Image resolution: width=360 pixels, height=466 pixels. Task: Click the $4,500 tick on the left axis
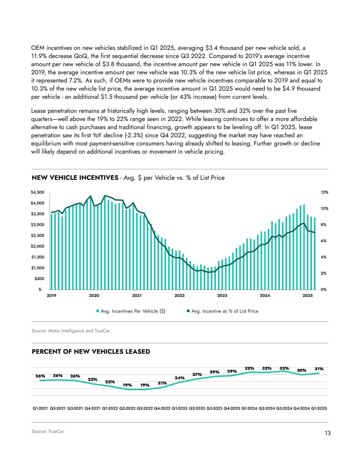38,193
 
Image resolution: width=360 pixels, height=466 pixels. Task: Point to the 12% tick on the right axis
324,193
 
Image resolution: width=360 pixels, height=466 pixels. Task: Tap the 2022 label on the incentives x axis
179,296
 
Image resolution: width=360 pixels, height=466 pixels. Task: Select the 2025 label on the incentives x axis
307,296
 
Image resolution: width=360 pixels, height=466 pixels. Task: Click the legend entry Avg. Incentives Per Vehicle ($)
131,311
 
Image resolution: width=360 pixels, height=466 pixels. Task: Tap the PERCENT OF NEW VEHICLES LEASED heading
91,352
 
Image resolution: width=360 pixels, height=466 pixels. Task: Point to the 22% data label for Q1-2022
110,382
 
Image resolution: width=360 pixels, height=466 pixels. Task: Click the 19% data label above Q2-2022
127,385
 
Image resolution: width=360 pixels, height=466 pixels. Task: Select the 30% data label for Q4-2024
301,370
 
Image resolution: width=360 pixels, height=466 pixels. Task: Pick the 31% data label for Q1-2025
319,369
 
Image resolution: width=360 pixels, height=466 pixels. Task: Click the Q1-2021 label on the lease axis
40,408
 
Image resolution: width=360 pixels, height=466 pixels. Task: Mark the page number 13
328,433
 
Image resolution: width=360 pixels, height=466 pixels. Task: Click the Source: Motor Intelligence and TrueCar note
71,331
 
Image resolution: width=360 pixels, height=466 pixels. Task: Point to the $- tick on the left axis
40,290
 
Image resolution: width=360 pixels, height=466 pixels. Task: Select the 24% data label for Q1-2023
179,378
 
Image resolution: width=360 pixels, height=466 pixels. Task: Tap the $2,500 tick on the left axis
38,236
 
